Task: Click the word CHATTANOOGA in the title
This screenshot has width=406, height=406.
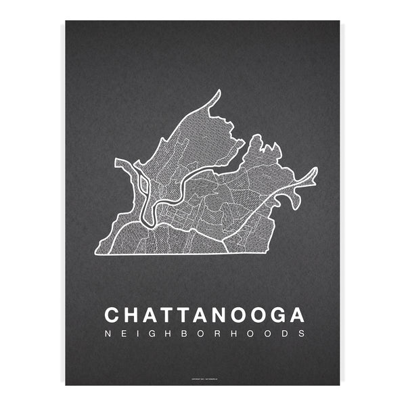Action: (204, 315)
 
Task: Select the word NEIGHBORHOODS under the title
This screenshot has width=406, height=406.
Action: (204, 334)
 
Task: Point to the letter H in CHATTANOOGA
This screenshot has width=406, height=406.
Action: (133, 315)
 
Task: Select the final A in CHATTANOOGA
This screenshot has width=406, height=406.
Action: (296, 315)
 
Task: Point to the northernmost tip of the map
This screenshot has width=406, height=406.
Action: (219, 91)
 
